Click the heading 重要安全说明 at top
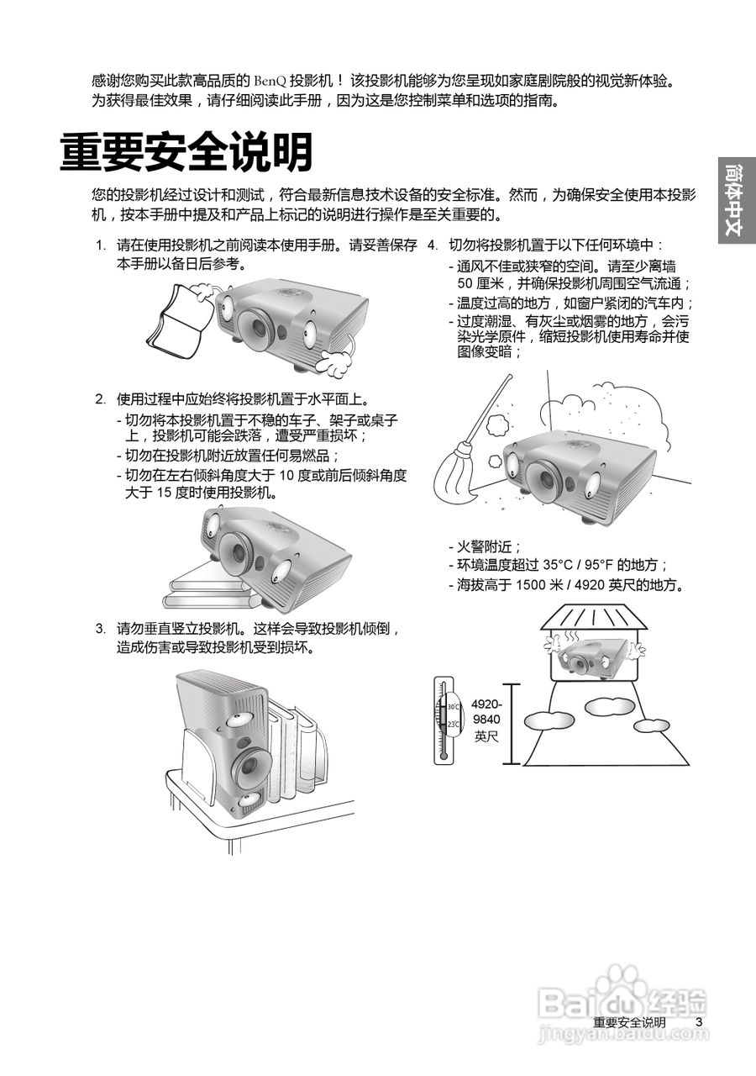coord(186,153)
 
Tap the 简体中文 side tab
coord(737,201)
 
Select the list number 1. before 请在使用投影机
coord(100,245)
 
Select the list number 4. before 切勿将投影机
coord(433,245)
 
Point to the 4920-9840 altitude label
coord(486,720)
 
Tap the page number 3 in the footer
coord(698,1022)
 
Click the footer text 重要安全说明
coord(629,1022)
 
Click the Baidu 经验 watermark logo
coord(622,1000)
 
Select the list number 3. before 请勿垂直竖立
coord(100,629)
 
